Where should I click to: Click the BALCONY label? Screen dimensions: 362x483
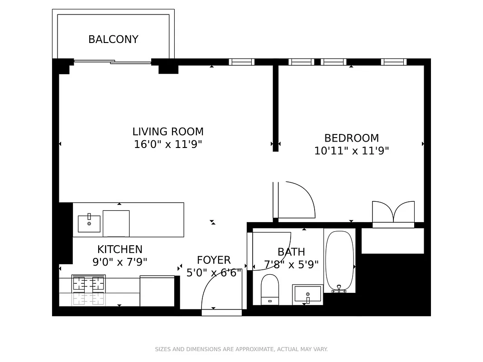113,39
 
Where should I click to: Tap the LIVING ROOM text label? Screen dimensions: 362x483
168,132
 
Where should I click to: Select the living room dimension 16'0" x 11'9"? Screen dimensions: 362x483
168,144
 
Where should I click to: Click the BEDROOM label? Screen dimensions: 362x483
351,138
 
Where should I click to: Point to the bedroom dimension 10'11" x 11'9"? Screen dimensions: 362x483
351,151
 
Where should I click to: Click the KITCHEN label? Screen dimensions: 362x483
120,249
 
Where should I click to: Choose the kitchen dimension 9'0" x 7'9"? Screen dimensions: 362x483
120,262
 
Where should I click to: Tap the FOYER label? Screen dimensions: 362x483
214,260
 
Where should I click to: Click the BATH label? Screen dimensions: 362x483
291,252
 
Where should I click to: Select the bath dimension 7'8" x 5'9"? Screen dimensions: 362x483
291,264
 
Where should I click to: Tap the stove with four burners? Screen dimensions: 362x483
89,284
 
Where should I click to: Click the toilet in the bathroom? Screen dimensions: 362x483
270,289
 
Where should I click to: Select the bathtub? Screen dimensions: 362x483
339,261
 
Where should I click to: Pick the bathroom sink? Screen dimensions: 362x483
307,295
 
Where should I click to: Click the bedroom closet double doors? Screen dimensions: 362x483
393,213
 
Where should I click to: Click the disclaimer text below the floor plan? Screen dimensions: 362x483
241,349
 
